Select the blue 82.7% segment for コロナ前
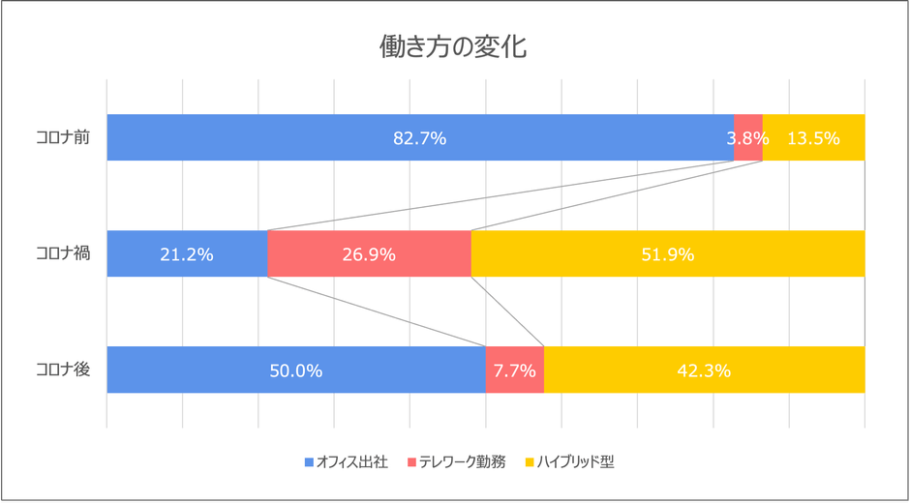[290, 137]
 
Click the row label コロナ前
[63, 138]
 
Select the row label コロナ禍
[63, 254]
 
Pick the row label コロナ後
[63, 370]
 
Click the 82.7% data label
[419, 138]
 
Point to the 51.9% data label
[667, 254]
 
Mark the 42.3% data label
[704, 370]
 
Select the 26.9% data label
[368, 254]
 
